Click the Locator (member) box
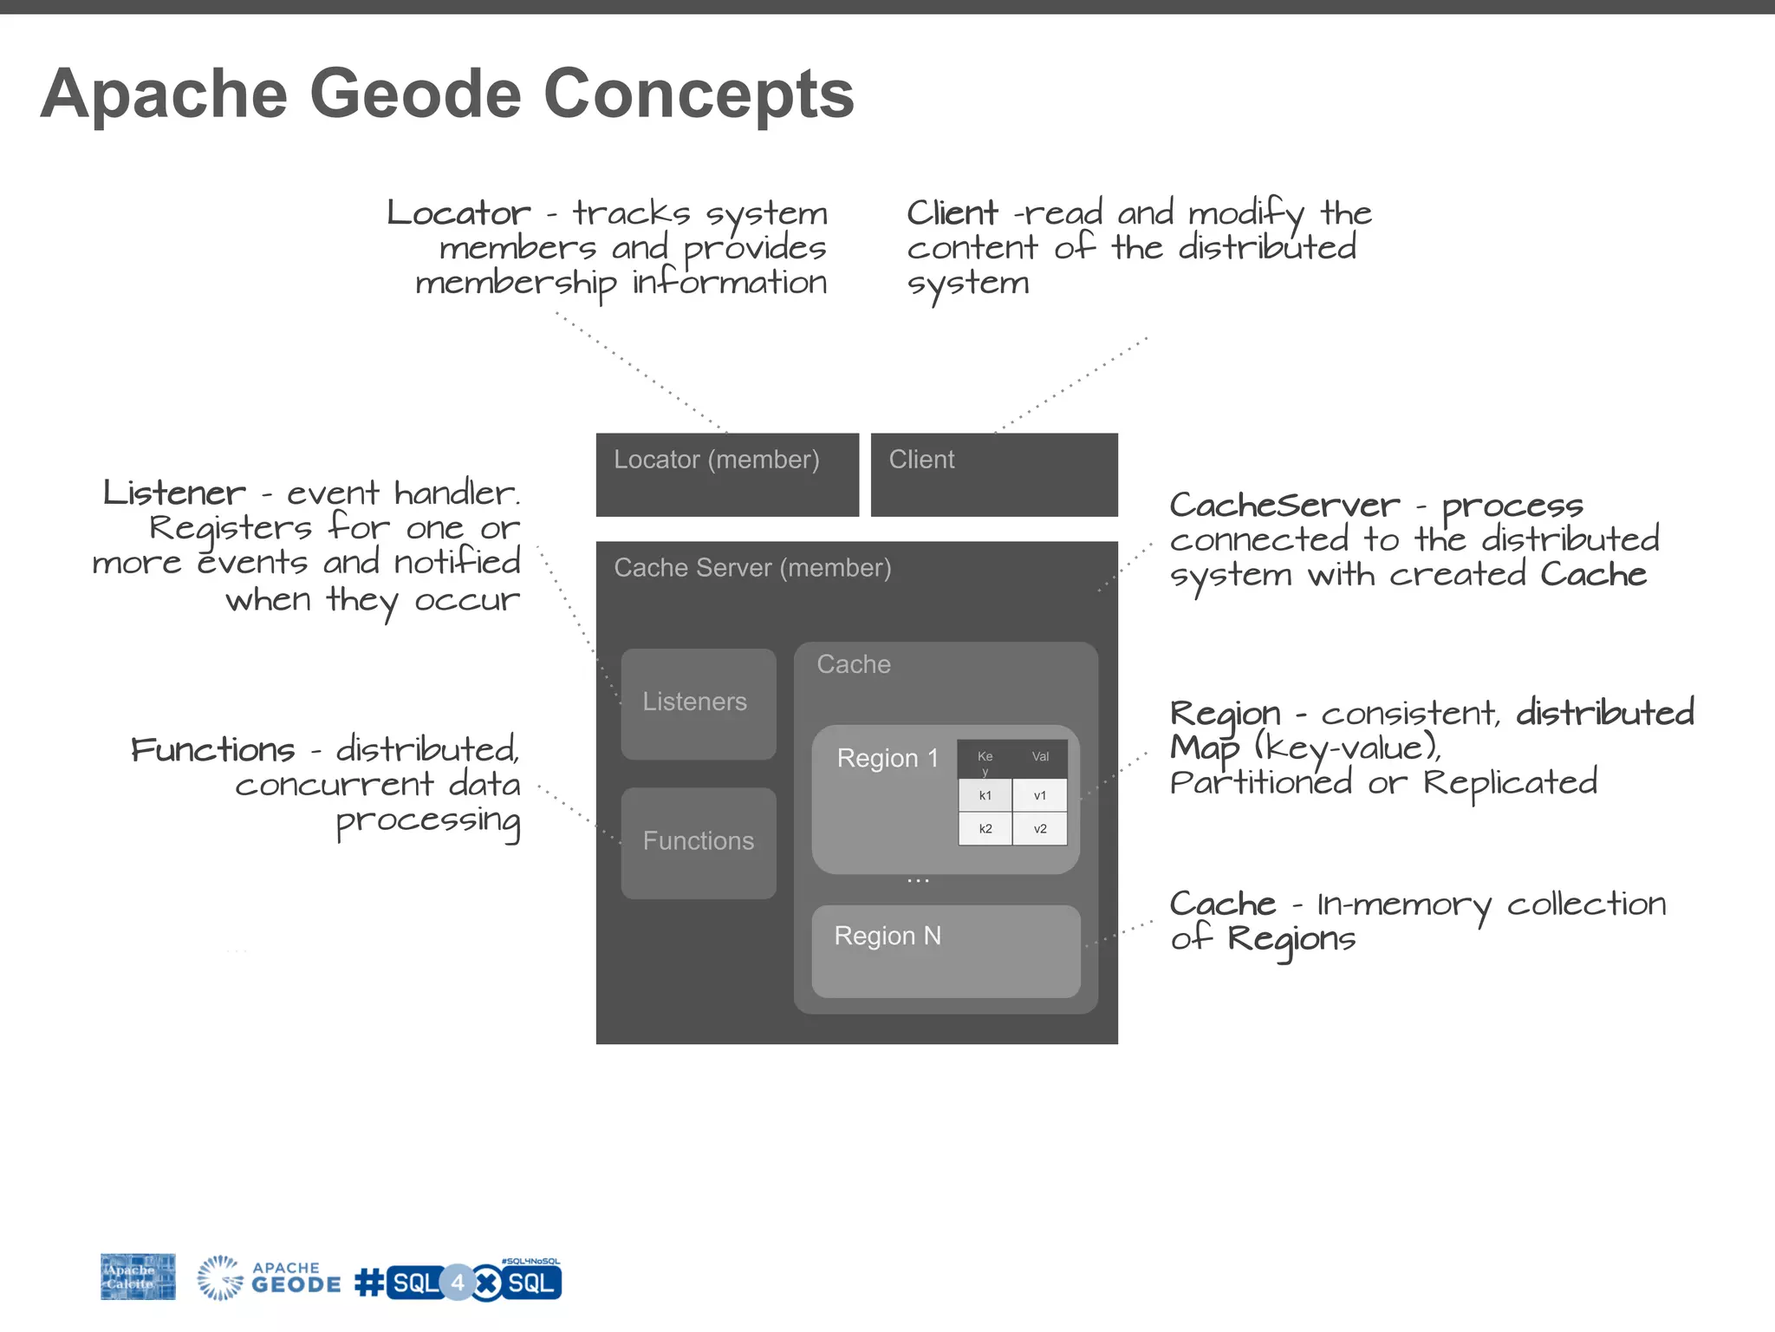point(727,474)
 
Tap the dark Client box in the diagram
point(994,474)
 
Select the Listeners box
point(699,703)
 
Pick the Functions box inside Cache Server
point(699,842)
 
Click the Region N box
point(946,951)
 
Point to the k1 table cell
point(985,795)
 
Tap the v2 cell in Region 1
point(1040,829)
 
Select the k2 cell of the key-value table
point(985,829)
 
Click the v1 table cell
point(1040,795)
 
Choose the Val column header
point(1040,757)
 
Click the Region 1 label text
point(887,759)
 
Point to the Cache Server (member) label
point(752,568)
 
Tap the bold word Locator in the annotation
point(458,213)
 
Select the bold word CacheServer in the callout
point(1284,505)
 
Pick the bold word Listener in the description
point(175,493)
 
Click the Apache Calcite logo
point(138,1276)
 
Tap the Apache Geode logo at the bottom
point(270,1278)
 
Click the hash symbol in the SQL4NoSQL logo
point(370,1283)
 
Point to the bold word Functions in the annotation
point(213,750)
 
